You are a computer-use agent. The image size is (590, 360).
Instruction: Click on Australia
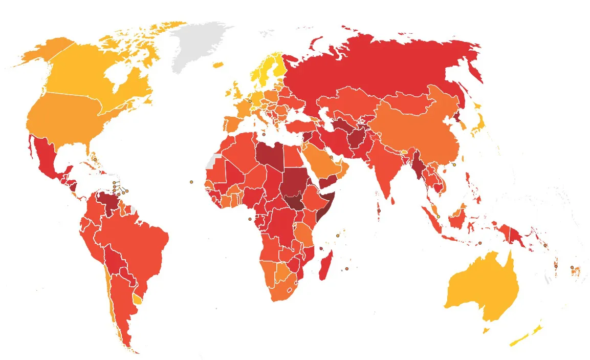(481, 287)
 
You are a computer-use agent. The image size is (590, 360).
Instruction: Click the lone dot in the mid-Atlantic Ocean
(191, 182)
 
